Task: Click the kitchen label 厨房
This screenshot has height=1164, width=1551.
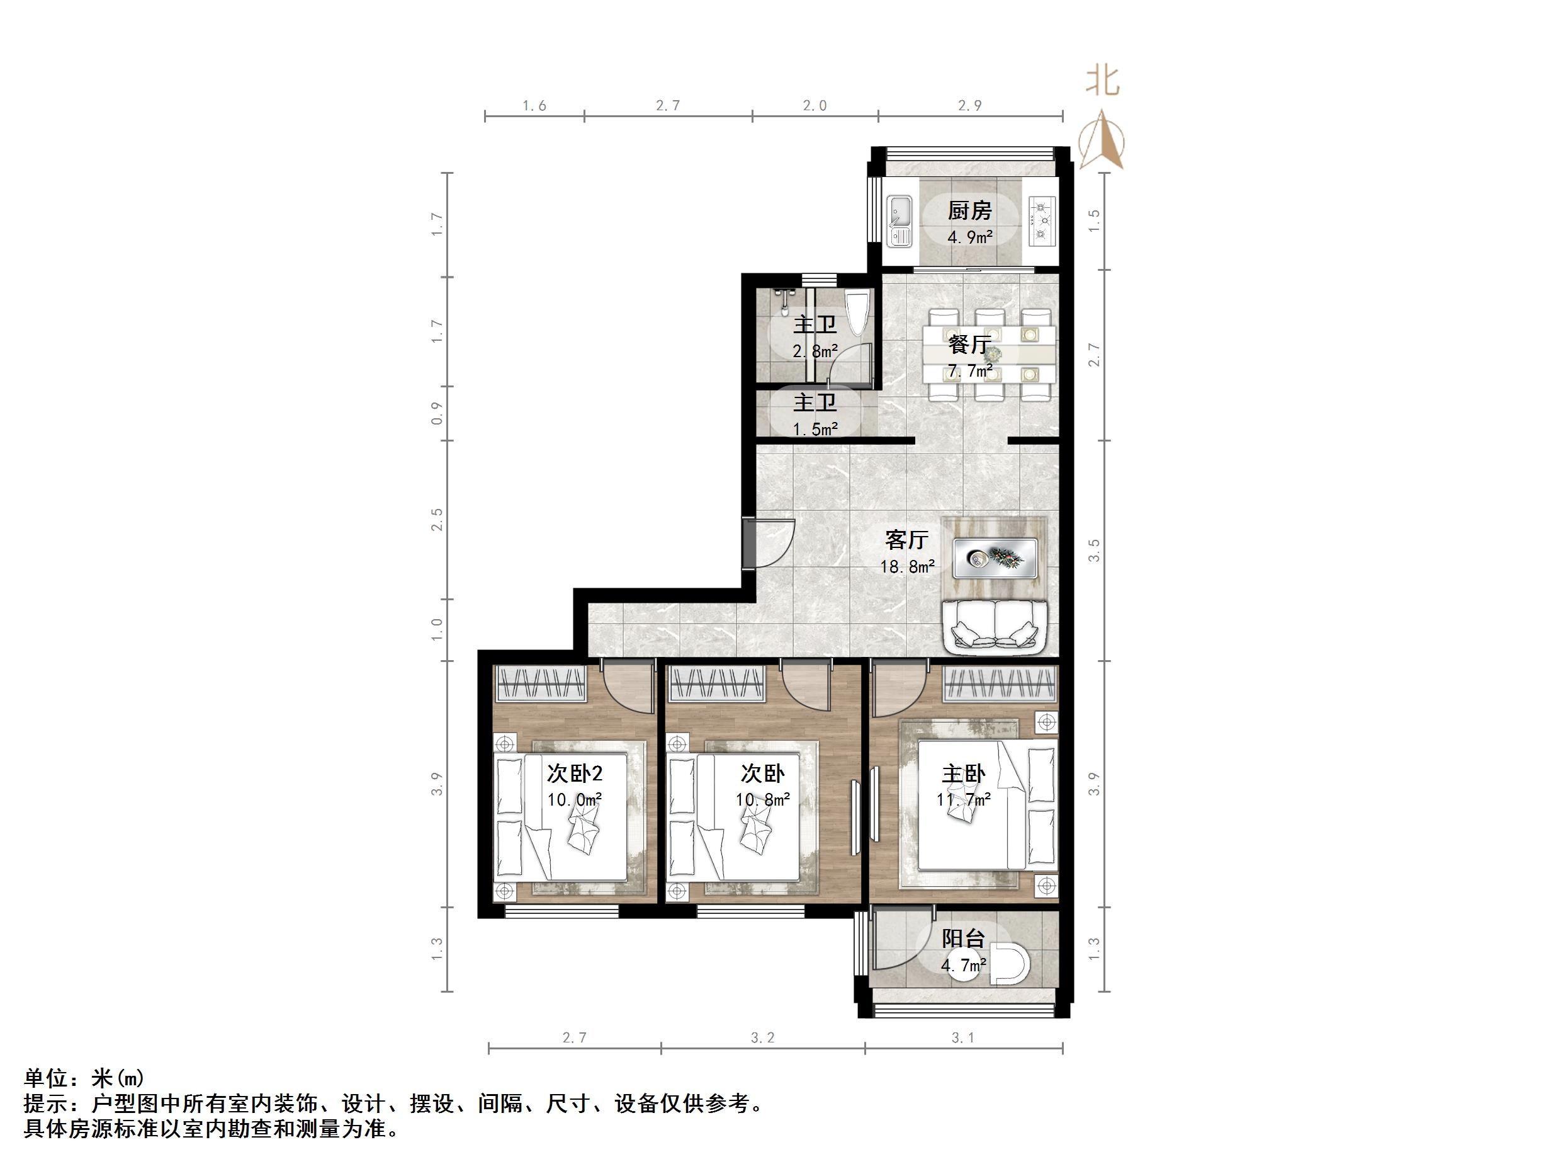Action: [x=970, y=210]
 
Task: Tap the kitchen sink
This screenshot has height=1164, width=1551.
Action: [x=900, y=220]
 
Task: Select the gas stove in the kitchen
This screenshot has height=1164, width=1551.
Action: [x=1042, y=220]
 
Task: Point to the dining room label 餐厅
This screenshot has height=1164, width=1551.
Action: [x=970, y=345]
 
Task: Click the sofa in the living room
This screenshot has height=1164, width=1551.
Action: [x=995, y=625]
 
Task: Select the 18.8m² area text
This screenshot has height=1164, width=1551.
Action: [x=907, y=567]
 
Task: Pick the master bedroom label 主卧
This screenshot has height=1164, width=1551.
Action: [x=962, y=774]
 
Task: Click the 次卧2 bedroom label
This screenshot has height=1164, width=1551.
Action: [x=574, y=774]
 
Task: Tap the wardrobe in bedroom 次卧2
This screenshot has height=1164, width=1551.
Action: [x=541, y=684]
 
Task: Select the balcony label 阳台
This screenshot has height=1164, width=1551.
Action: [x=962, y=939]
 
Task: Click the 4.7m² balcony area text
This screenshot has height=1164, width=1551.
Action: [x=962, y=966]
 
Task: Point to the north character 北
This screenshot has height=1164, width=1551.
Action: [x=1102, y=81]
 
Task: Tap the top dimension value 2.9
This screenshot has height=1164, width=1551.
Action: [x=970, y=105]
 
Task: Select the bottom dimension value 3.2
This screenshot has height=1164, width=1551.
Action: [x=762, y=1037]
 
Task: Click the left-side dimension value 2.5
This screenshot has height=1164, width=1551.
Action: [x=437, y=520]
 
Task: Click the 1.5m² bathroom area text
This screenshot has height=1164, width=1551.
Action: [x=815, y=429]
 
